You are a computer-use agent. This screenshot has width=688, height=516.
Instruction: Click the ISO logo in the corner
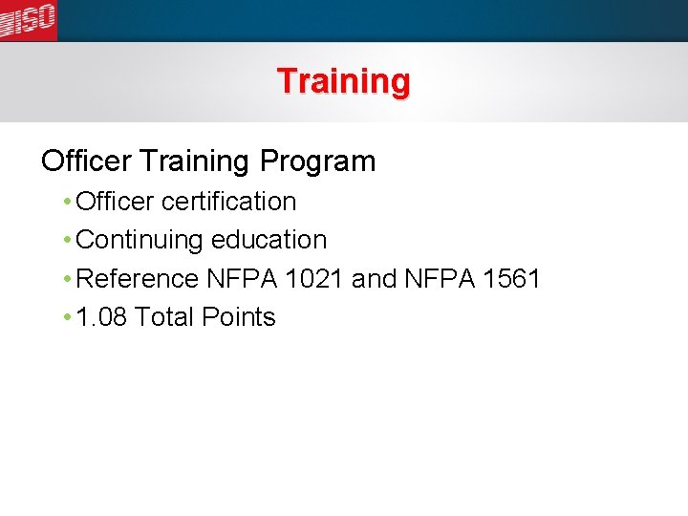[x=29, y=20]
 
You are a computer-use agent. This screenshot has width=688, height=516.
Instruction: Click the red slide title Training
[x=343, y=81]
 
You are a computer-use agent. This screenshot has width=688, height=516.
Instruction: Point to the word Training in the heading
[x=194, y=161]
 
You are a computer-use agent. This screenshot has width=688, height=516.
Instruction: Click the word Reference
[x=138, y=279]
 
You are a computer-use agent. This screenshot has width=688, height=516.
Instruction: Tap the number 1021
[x=312, y=279]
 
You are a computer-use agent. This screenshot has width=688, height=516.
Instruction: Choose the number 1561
[x=512, y=279]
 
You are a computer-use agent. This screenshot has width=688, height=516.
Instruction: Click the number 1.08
[x=101, y=317]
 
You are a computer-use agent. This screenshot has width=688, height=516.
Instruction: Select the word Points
[x=238, y=317]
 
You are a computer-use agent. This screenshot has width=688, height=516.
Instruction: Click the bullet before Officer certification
[x=66, y=202]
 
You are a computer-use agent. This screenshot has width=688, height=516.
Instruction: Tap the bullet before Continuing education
[x=66, y=240]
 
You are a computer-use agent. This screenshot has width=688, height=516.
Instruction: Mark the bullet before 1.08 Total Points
[x=66, y=317]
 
